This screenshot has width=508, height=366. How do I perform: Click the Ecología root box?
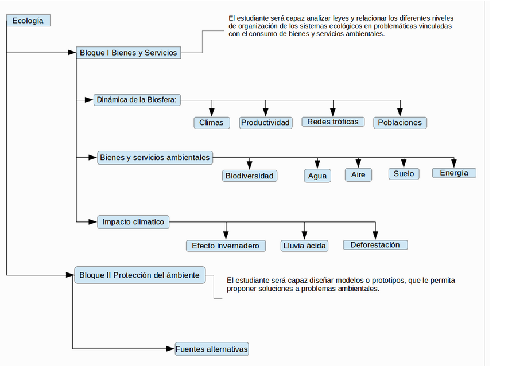[x=28, y=21]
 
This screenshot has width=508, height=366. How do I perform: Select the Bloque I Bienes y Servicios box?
[x=129, y=52]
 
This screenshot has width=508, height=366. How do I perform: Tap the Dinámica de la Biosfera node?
[x=137, y=100]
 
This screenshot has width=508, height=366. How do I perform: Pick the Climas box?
[x=212, y=123]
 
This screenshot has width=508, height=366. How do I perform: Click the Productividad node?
[x=266, y=123]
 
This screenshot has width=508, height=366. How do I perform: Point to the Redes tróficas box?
[x=333, y=122]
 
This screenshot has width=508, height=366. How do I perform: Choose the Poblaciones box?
[x=400, y=123]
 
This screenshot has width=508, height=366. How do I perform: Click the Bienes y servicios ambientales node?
[x=155, y=158]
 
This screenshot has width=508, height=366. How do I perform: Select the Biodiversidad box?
[x=250, y=176]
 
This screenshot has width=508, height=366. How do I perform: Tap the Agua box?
[x=317, y=176]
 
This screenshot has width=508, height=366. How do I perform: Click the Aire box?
[x=358, y=175]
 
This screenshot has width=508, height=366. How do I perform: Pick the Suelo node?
[x=404, y=174]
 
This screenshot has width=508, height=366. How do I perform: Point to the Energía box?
[x=454, y=173]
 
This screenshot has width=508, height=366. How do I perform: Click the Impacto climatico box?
[x=133, y=222]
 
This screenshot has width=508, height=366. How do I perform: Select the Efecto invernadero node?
[x=226, y=246]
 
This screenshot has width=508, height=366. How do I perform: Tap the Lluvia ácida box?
[x=305, y=246]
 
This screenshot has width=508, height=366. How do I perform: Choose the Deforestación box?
[x=375, y=245]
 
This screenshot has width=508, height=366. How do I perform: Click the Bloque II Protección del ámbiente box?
[x=139, y=275]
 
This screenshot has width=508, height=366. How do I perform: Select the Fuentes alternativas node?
[x=212, y=349]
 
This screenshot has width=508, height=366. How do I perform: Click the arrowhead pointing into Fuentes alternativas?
[x=170, y=349]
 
